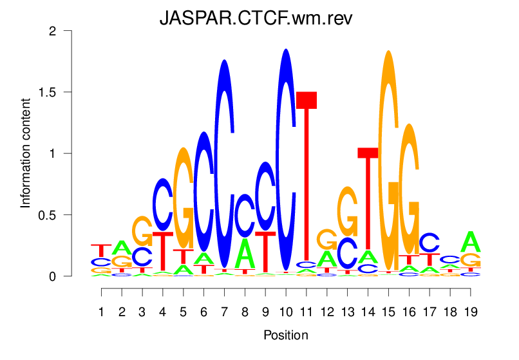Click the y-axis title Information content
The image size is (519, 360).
pos(26,153)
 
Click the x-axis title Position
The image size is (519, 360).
pos(286,335)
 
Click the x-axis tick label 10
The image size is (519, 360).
pos(285,312)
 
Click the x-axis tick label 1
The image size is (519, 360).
pos(101,312)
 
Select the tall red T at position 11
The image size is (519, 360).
pos(307,174)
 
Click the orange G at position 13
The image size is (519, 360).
pos(348,212)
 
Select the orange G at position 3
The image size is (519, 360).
pos(142,231)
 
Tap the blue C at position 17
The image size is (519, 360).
pos(429,242)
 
